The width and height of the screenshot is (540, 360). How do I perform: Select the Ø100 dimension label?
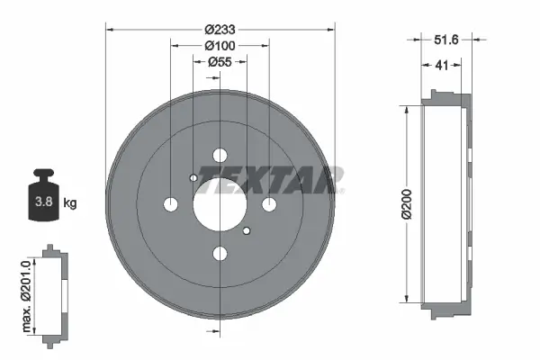coord(220,44)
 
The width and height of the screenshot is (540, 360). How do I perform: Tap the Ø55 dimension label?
coord(220,61)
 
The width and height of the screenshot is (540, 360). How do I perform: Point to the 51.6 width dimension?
coord(447,39)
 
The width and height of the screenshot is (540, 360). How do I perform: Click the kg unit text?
coord(70,202)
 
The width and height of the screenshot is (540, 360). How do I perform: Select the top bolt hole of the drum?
coord(220,156)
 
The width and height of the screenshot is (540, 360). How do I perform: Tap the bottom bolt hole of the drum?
coord(220,253)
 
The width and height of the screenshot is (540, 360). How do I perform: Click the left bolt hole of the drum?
coord(171,204)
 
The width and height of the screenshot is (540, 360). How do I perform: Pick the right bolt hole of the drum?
coord(268,205)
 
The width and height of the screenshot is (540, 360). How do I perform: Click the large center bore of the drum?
coord(220,204)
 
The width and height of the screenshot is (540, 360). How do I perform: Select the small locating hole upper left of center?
coord(193,178)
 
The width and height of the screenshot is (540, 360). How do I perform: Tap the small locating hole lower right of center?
coord(247,231)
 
